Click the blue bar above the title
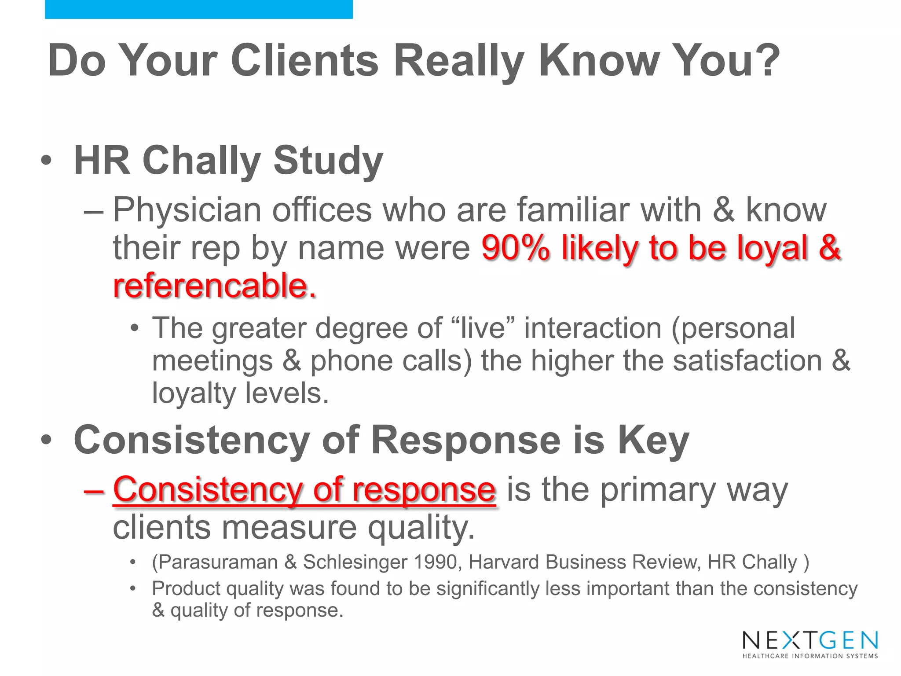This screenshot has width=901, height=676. [198, 9]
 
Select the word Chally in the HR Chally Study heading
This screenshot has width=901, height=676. [201, 161]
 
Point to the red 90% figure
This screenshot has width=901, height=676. [515, 248]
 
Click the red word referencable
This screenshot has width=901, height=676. [214, 286]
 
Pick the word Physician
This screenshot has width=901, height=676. [187, 210]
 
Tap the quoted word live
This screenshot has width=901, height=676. [483, 328]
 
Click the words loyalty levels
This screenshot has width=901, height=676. [240, 393]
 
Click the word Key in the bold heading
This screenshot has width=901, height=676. [653, 440]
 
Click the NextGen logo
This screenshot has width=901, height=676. [810, 644]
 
